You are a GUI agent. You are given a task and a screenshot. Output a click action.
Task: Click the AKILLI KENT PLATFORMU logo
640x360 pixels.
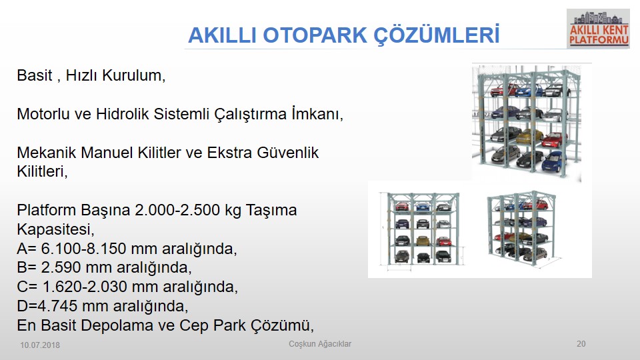(x=599, y=29)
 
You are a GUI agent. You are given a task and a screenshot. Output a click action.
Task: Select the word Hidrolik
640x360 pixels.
(x=123, y=114)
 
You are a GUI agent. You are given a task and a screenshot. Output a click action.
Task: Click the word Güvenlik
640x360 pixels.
(x=287, y=152)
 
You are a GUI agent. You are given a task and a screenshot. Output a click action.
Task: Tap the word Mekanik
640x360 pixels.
(x=46, y=152)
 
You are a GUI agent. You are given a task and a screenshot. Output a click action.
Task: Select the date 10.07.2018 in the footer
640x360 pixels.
(x=40, y=345)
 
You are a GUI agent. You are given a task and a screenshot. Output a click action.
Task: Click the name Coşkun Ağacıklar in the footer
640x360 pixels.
(x=320, y=344)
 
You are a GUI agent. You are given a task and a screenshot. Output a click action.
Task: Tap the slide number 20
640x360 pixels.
(x=581, y=344)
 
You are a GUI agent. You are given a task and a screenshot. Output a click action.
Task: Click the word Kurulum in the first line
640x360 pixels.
(x=132, y=75)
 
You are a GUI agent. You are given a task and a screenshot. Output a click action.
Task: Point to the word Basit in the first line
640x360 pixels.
(x=35, y=75)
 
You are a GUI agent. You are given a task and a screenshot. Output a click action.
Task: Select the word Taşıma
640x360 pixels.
(x=271, y=210)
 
